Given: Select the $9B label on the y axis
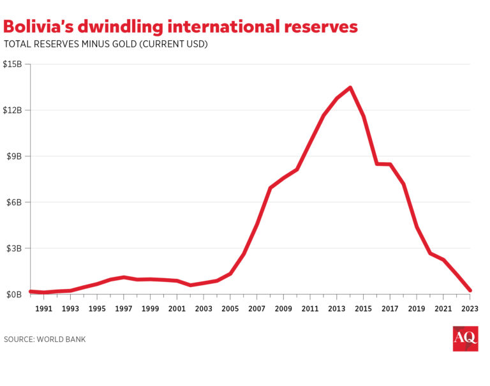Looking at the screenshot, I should [x=15, y=156].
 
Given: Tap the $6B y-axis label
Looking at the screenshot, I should [x=15, y=202].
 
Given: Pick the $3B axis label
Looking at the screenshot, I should [x=15, y=248].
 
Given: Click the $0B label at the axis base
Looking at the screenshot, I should [x=15, y=295].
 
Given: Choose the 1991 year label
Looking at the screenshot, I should [x=43, y=309].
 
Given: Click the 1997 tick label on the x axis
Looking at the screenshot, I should [x=124, y=309].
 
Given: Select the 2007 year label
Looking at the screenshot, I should [x=257, y=309].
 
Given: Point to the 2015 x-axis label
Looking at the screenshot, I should [x=364, y=309].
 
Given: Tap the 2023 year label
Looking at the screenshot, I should [x=470, y=309].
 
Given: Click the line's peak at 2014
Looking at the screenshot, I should [x=350, y=87].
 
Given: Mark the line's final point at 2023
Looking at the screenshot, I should [x=470, y=290].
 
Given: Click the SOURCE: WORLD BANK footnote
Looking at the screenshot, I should [x=45, y=339].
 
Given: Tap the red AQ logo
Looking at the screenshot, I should [x=465, y=339].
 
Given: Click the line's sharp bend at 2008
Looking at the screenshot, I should [x=271, y=188].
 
